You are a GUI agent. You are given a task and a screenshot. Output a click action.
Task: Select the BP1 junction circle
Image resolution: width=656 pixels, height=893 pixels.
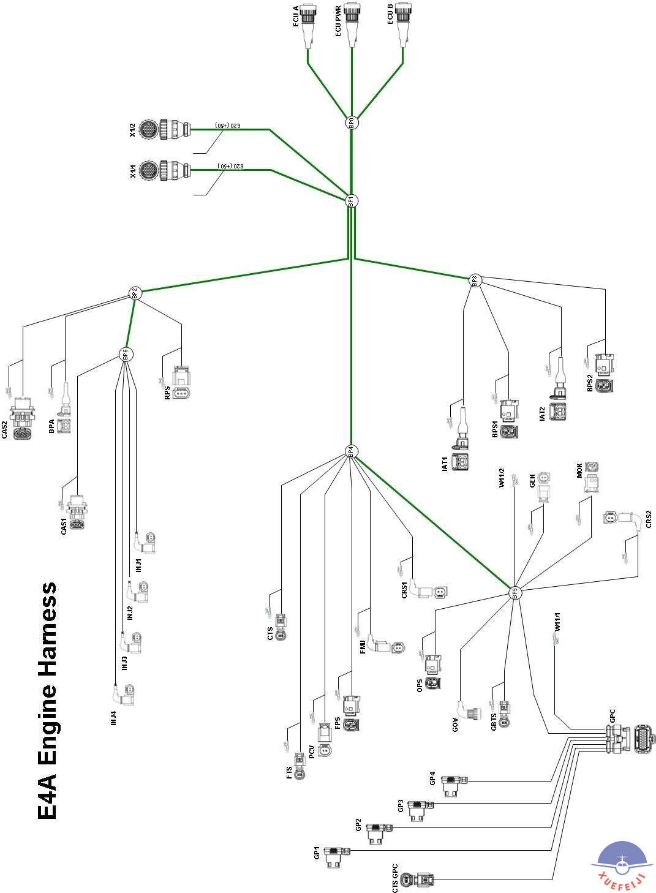tap(351, 200)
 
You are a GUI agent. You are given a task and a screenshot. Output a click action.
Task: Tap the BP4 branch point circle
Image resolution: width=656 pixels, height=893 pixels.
tap(351, 452)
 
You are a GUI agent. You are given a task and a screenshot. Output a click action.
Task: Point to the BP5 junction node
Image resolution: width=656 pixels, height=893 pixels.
tap(515, 592)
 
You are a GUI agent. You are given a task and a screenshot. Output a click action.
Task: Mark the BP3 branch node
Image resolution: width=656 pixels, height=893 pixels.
tap(475, 281)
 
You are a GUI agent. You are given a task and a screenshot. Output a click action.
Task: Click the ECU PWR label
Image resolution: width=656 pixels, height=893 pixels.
tap(338, 21)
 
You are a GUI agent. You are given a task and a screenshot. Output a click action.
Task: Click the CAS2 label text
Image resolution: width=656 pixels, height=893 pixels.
tap(5, 429)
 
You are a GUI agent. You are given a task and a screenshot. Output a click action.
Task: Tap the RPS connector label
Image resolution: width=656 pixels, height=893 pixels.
tap(167, 393)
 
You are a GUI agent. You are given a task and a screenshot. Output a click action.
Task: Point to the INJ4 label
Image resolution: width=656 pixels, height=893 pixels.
tap(113, 718)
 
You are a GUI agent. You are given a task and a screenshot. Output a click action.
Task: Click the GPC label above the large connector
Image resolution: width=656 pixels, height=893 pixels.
tap(613, 715)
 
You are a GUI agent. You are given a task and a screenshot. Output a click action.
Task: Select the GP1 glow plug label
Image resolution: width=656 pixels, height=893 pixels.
tap(317, 853)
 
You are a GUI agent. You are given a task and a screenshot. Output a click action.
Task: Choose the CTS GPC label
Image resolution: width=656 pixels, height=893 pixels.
tap(395, 879)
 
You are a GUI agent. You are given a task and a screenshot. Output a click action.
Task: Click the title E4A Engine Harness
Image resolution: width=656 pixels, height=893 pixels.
tap(48, 701)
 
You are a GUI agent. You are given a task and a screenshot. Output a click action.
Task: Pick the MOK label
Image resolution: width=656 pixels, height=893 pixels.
tap(579, 470)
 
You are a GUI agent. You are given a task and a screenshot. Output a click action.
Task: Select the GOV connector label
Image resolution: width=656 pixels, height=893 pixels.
tap(455, 725)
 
